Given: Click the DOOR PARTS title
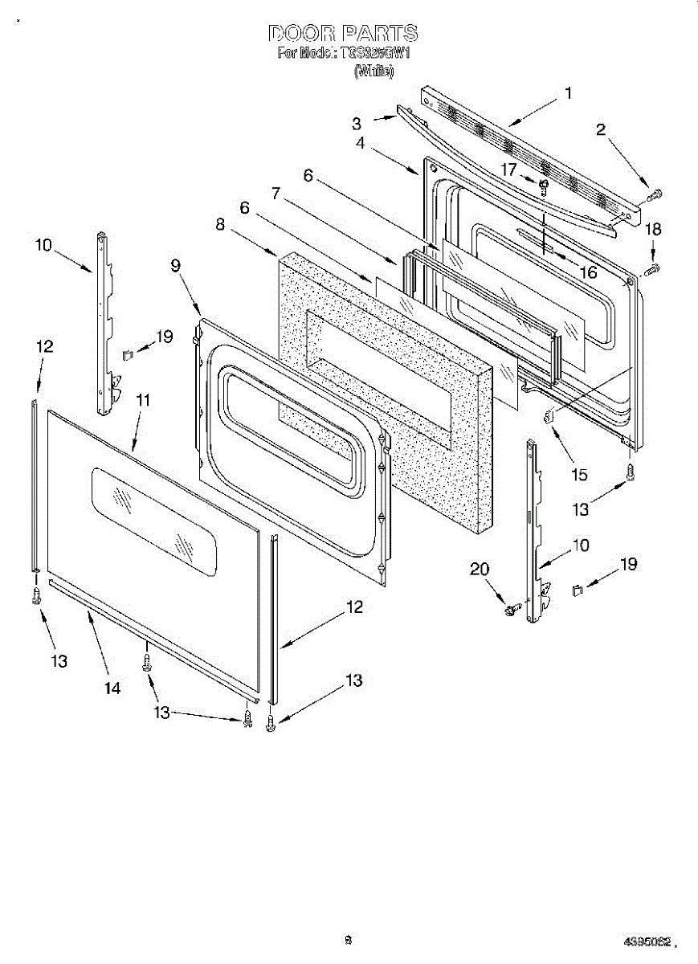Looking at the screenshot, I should tap(343, 33).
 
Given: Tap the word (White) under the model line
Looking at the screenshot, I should tap(373, 71).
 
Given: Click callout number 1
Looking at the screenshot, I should tap(568, 93).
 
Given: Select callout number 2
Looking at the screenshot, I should tap(601, 130).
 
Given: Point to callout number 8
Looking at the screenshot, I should tap(220, 226).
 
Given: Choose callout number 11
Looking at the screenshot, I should tap(143, 399).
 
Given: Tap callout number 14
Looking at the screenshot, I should tap(112, 688).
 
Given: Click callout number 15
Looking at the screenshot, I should tap(578, 475).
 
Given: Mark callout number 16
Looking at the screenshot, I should tap(588, 273).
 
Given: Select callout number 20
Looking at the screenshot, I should tap(480, 569).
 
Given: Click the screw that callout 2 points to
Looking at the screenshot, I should tap(655, 194).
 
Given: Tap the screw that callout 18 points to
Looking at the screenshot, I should tap(652, 267).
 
